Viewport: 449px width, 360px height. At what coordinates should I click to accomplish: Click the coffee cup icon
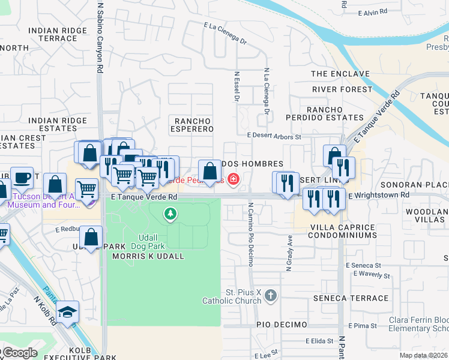(x=22, y=178)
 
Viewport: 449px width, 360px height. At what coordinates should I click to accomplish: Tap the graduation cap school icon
(x=67, y=311)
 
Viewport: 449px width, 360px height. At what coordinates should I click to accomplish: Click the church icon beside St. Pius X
(x=271, y=295)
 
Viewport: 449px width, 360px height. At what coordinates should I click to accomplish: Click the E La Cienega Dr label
(x=225, y=34)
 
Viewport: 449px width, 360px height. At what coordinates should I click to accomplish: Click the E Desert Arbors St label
(x=274, y=136)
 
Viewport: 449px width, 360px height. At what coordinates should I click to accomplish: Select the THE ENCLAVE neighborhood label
(x=340, y=74)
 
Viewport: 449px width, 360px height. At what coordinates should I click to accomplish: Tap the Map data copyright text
(x=423, y=355)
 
